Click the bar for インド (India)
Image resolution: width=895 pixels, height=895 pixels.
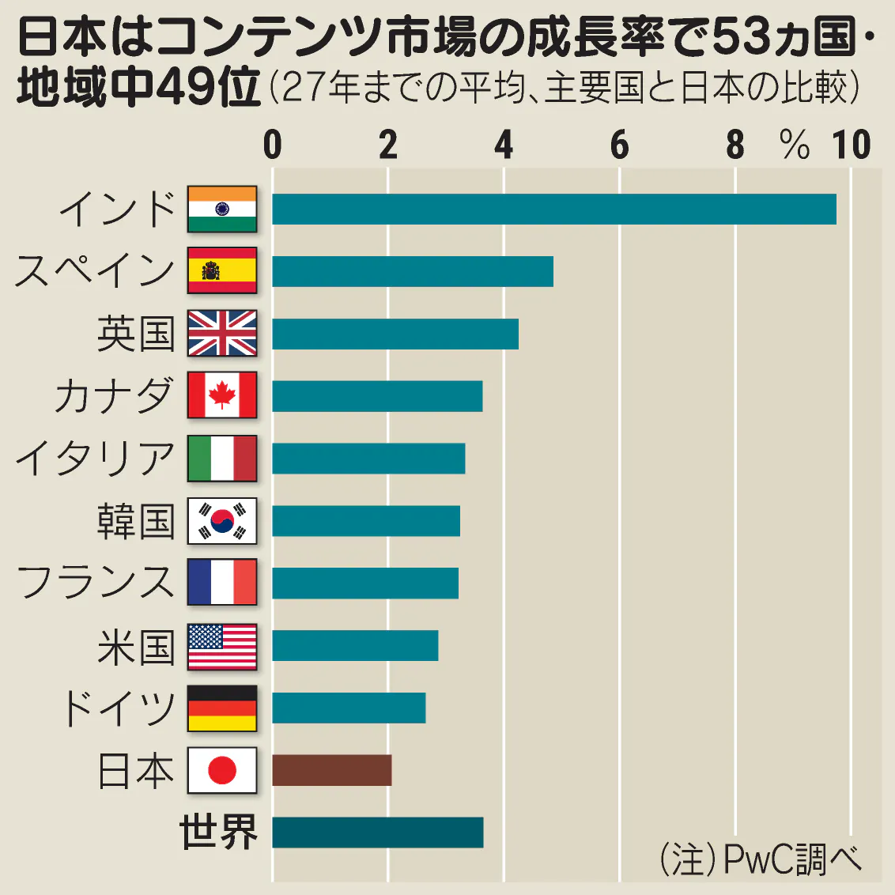(x=553, y=209)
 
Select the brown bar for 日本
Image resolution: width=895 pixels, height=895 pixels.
(x=332, y=770)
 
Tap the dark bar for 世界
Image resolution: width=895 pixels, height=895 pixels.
(x=378, y=833)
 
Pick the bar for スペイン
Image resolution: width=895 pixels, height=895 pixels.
(x=413, y=271)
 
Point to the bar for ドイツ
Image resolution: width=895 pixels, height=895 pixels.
(x=349, y=708)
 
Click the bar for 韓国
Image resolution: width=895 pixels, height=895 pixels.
(x=366, y=521)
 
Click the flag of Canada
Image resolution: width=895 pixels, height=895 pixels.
(x=222, y=395)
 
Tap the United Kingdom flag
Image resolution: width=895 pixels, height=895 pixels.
(x=222, y=333)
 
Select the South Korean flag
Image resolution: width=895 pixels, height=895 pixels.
(x=222, y=520)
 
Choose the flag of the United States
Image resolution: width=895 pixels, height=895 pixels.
(x=222, y=646)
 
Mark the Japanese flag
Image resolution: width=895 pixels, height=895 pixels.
(x=222, y=770)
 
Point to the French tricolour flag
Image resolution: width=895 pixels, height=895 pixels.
(x=222, y=582)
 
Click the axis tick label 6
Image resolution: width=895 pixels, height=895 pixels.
(x=620, y=145)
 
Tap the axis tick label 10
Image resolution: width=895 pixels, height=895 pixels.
(x=851, y=145)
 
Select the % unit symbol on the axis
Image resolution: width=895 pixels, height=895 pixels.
(x=794, y=145)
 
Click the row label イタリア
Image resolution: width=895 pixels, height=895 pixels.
(x=96, y=459)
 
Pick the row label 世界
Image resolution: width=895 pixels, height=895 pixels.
(x=219, y=833)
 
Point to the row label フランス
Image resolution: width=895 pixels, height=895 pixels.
(x=96, y=583)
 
